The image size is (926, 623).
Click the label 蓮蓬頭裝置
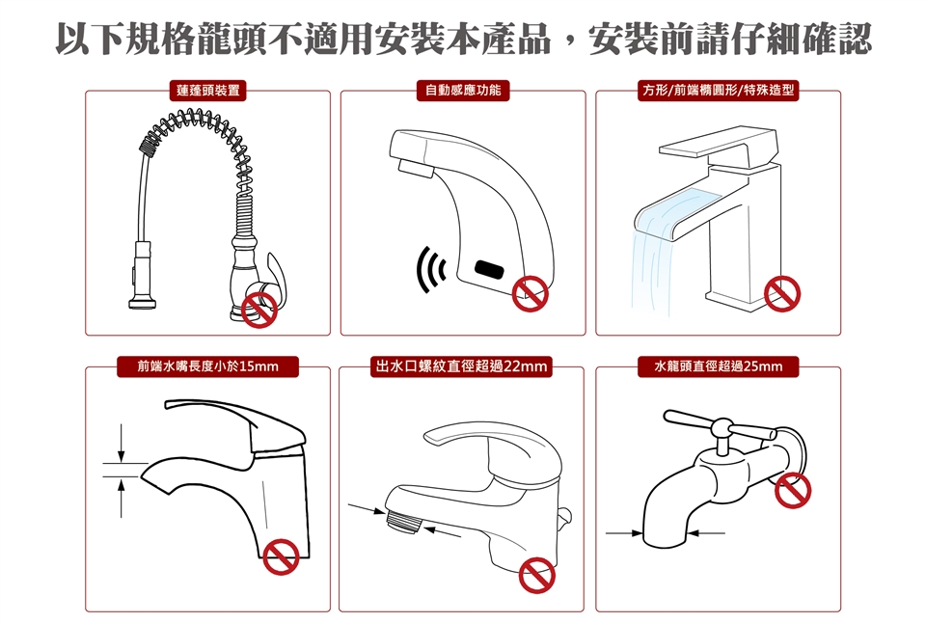pyautogui.click(x=208, y=91)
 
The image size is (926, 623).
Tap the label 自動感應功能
pyautogui.click(x=463, y=91)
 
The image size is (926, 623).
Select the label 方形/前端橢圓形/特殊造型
pyautogui.click(x=719, y=91)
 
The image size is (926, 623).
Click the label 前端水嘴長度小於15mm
pyautogui.click(x=208, y=366)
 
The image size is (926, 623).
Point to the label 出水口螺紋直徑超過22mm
pyautogui.click(x=461, y=366)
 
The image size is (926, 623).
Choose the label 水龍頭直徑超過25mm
pyautogui.click(x=718, y=366)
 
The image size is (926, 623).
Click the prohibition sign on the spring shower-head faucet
pyautogui.click(x=259, y=310)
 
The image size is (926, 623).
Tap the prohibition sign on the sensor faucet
pyautogui.click(x=530, y=293)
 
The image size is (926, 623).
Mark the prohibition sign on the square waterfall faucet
pyautogui.click(x=782, y=293)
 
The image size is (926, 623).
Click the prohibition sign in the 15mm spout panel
pyautogui.click(x=281, y=556)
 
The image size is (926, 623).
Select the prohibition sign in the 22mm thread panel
pyautogui.click(x=537, y=575)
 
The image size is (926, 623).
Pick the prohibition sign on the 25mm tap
pyautogui.click(x=793, y=490)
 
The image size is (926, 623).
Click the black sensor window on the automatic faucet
pyautogui.click(x=490, y=269)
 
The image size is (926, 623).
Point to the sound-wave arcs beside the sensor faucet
pyautogui.click(x=430, y=270)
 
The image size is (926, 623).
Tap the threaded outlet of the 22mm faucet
pyautogui.click(x=402, y=520)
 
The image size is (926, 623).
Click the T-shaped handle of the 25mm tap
pyautogui.click(x=721, y=427)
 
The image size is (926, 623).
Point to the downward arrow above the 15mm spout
pyautogui.click(x=122, y=443)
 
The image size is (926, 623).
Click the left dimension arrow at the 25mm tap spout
pyautogui.click(x=624, y=533)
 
